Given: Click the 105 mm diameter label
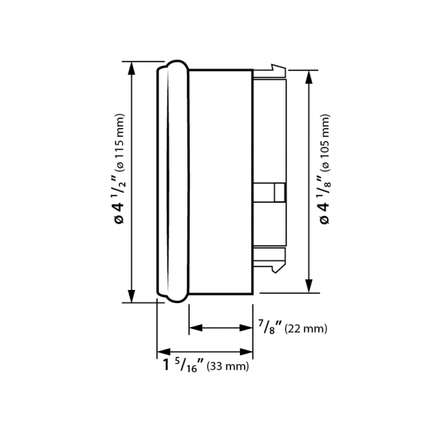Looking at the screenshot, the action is pyautogui.click(x=326, y=142).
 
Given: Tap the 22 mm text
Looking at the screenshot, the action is pyautogui.click(x=306, y=329).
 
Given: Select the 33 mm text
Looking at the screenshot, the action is pyautogui.click(x=227, y=366).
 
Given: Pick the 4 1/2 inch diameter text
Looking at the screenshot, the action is pyautogui.click(x=118, y=198).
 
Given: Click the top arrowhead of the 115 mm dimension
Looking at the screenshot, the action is pyautogui.click(x=132, y=68).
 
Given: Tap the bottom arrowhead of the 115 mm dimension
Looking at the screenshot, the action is pyautogui.click(x=132, y=296).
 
